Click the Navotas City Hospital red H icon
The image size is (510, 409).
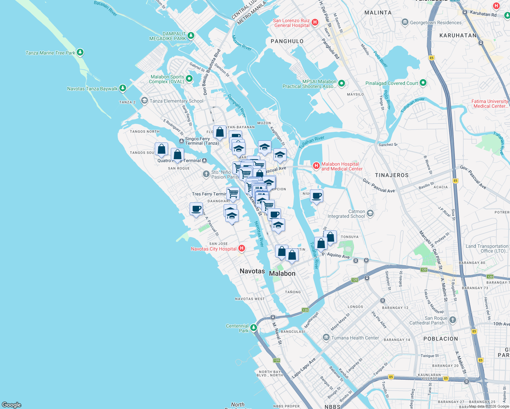point(242,248)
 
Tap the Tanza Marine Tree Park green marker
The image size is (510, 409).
point(80,52)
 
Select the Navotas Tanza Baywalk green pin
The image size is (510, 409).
point(123,88)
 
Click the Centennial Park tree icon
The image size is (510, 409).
point(253,328)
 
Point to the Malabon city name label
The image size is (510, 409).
point(282,273)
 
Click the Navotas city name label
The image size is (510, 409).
point(252,271)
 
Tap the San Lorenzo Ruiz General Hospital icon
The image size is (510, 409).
point(315,22)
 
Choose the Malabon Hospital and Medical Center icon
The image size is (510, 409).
point(316,166)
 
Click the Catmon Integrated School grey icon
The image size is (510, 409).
point(370,213)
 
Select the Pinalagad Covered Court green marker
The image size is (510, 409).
point(423,83)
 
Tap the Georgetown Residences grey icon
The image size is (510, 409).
point(405,22)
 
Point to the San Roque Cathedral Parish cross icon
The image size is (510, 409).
point(452,320)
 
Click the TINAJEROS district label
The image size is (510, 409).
point(392,175)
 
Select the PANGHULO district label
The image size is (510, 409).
point(287,41)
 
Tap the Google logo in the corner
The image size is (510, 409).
point(12,405)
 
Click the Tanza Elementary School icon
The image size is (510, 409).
point(145,101)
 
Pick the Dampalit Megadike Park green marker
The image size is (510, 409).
point(191,35)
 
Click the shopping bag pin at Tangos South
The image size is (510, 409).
point(162,149)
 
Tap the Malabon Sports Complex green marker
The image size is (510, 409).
point(189,79)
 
